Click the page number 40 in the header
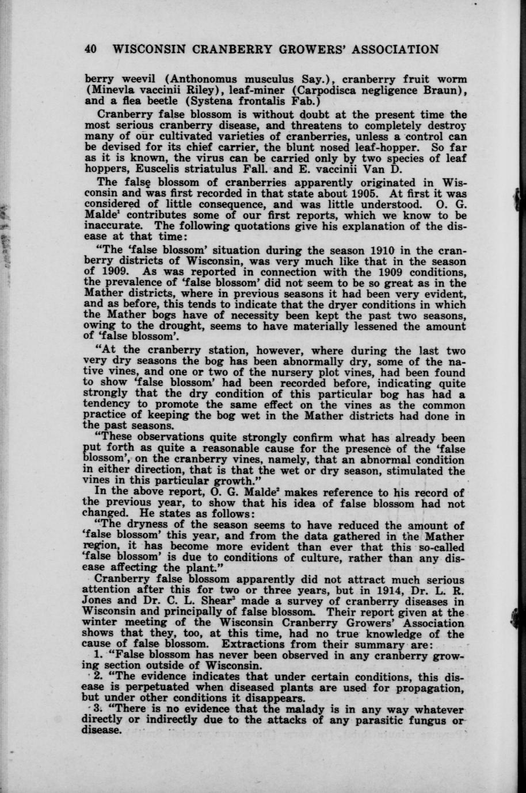(91, 49)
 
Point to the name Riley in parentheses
(211, 89)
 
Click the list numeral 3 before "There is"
(97, 709)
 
